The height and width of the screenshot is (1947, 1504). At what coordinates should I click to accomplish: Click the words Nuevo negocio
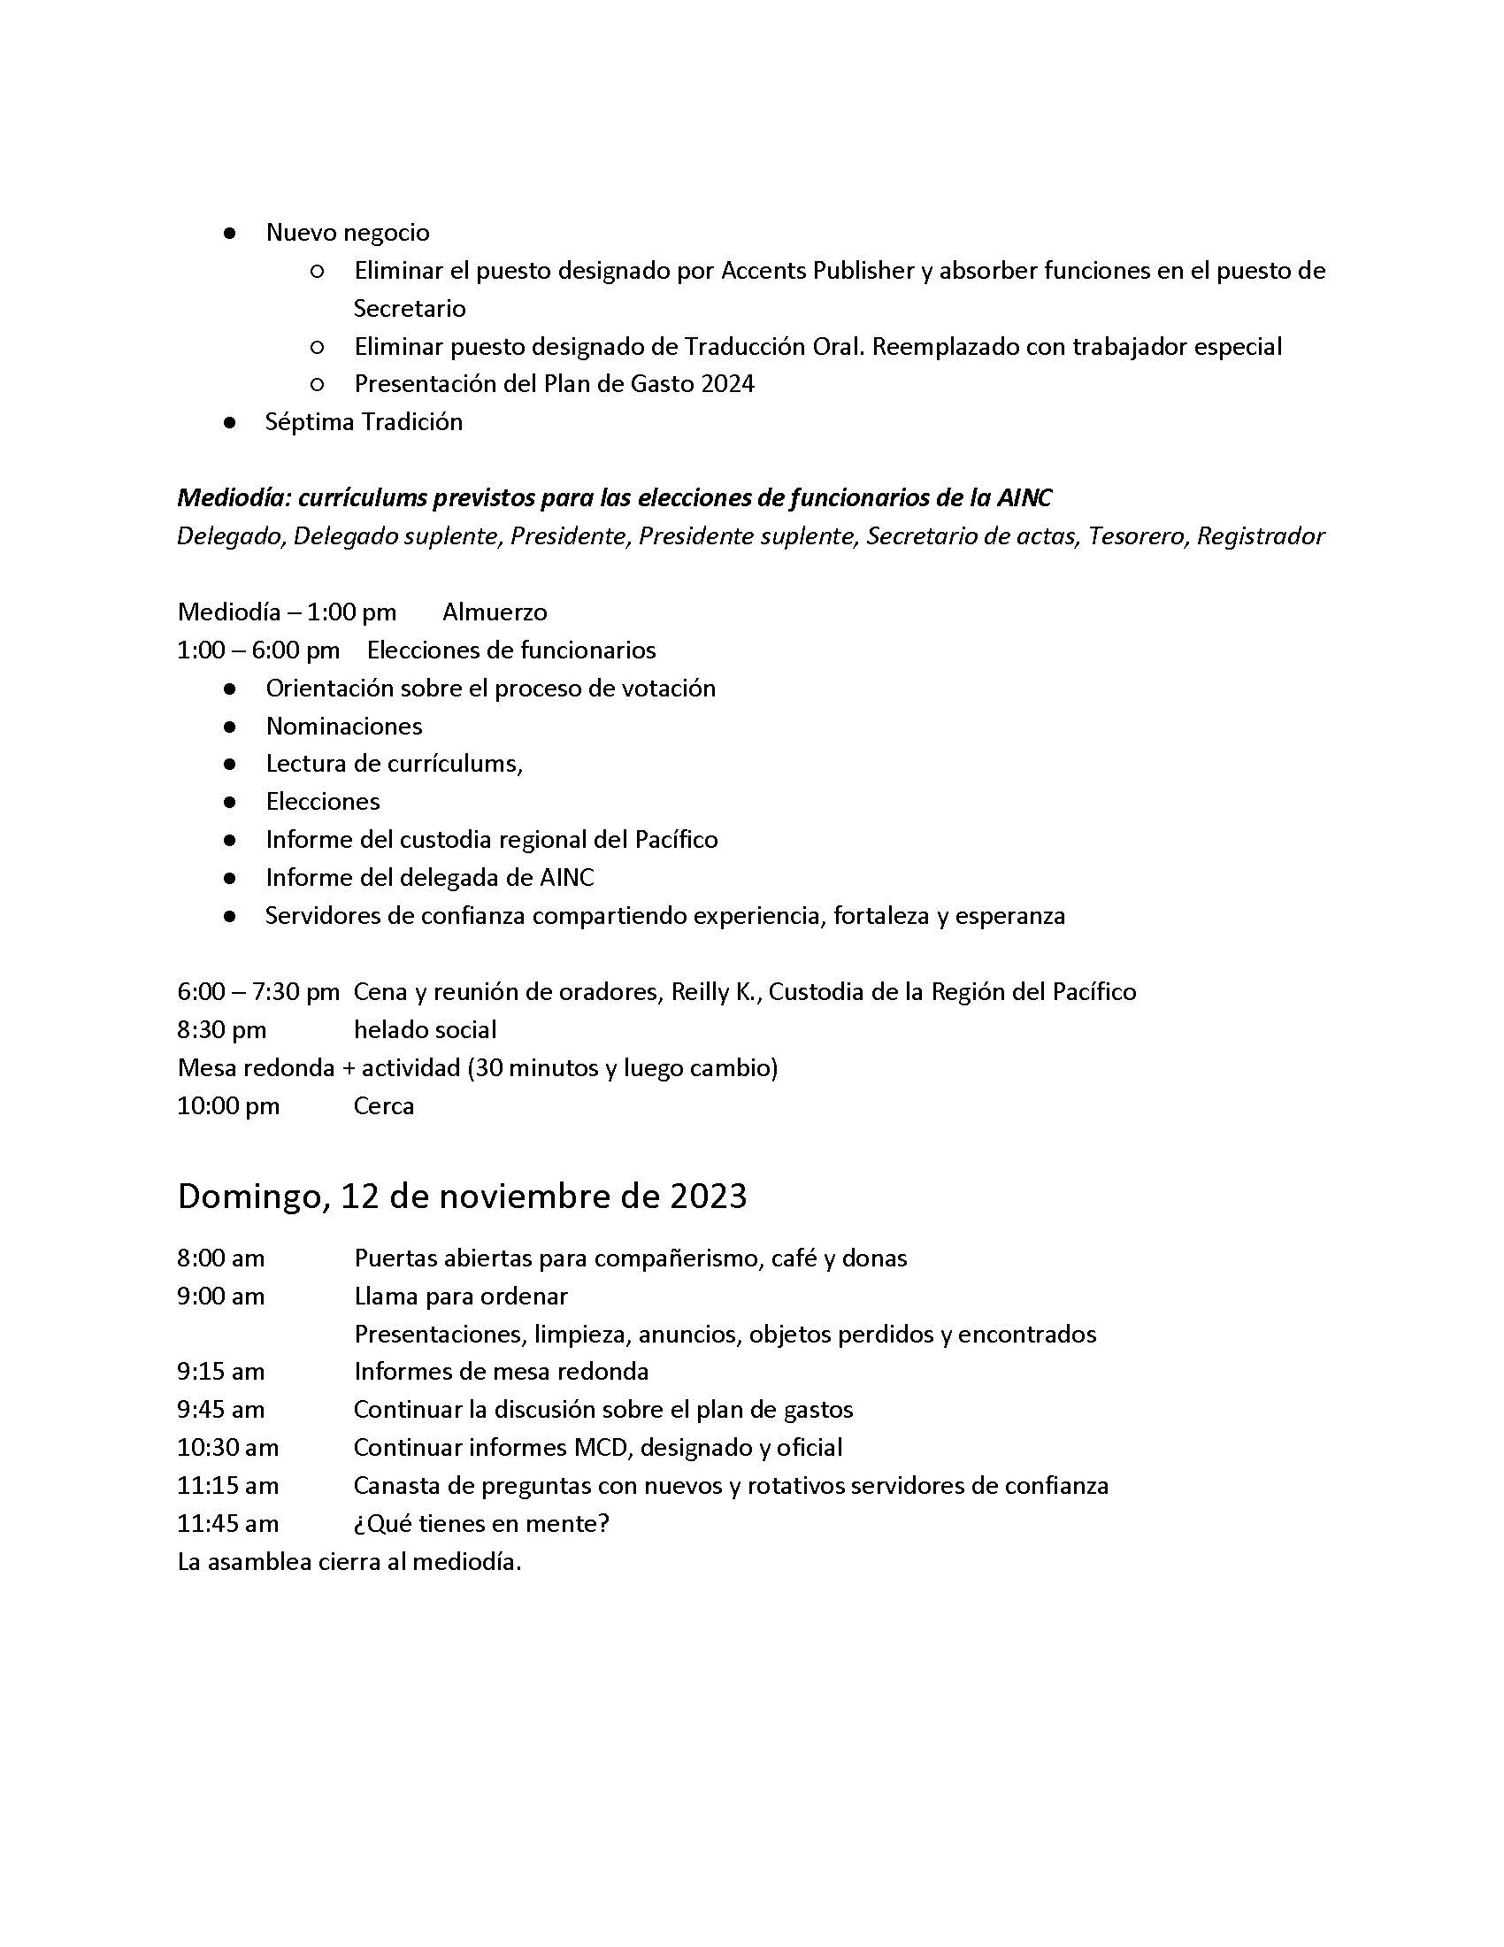pyautogui.click(x=348, y=233)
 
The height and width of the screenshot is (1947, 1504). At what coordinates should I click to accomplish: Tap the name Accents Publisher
pyautogui.click(x=817, y=271)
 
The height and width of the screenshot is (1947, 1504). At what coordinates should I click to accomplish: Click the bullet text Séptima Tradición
pyautogui.click(x=364, y=421)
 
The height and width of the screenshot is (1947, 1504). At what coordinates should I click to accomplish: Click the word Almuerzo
pyautogui.click(x=495, y=612)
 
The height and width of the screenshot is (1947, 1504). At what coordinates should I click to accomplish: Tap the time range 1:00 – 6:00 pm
pyautogui.click(x=258, y=650)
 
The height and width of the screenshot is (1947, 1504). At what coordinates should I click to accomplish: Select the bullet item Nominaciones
pyautogui.click(x=344, y=727)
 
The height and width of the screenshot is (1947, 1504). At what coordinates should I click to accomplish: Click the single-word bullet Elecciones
pyautogui.click(x=323, y=803)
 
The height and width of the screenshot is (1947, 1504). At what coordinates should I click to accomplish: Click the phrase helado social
pyautogui.click(x=425, y=1030)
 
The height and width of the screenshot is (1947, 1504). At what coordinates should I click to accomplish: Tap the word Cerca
pyautogui.click(x=384, y=1106)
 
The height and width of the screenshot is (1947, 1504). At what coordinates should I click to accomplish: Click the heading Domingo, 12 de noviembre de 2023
pyautogui.click(x=462, y=1197)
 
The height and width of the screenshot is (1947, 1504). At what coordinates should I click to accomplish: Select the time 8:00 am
pyautogui.click(x=221, y=1258)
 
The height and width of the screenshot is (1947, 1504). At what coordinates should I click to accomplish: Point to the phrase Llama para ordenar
pyautogui.click(x=461, y=1297)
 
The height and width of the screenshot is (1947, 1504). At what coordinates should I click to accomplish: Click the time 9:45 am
pyautogui.click(x=221, y=1411)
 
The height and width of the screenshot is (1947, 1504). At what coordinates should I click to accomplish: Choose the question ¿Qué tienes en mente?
pyautogui.click(x=481, y=1524)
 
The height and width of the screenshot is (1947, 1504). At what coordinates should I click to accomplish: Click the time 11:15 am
pyautogui.click(x=227, y=1486)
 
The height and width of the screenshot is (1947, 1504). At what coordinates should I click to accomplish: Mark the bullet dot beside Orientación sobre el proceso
pyautogui.click(x=230, y=689)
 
